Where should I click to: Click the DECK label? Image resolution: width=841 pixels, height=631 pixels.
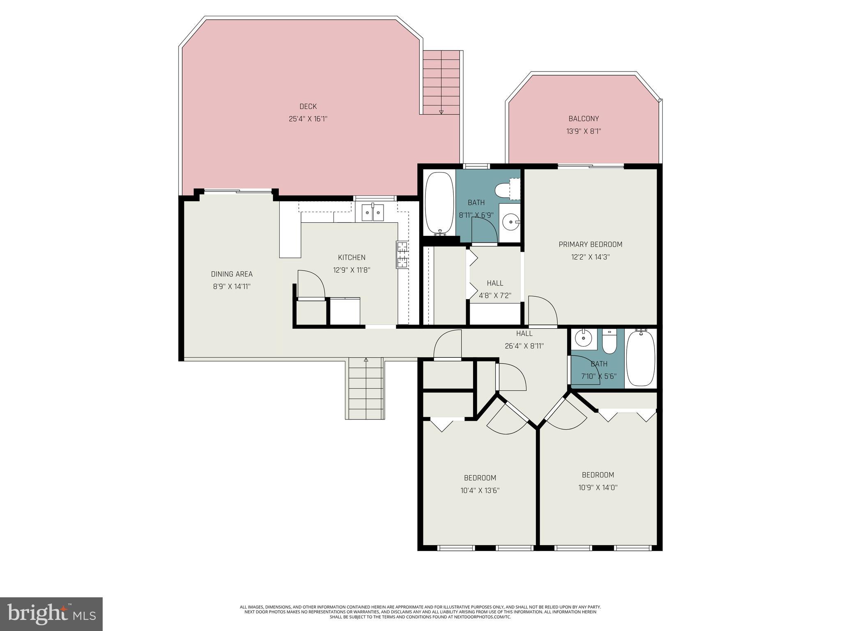[x=308, y=106]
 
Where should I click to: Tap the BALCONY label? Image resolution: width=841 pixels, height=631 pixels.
[x=584, y=119]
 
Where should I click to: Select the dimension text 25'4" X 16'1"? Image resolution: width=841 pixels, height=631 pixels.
[x=308, y=119]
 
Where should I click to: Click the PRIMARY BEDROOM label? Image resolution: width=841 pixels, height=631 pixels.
[x=590, y=244]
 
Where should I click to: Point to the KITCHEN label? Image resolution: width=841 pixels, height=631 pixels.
[x=352, y=258]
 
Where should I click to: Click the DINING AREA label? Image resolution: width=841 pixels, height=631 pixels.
[x=232, y=274]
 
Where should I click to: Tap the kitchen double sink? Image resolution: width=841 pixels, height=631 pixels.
[x=373, y=212]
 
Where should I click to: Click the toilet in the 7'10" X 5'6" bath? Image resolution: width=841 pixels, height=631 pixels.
[x=609, y=342]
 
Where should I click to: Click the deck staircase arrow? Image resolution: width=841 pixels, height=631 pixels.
[x=441, y=111]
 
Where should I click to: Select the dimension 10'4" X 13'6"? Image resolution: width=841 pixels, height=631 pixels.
[x=480, y=491]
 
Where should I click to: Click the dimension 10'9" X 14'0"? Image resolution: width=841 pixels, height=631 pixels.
[x=598, y=488]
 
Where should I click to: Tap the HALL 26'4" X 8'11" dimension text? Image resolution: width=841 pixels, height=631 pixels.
[x=524, y=346]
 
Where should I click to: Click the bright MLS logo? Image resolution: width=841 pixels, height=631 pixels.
[x=51, y=614]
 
